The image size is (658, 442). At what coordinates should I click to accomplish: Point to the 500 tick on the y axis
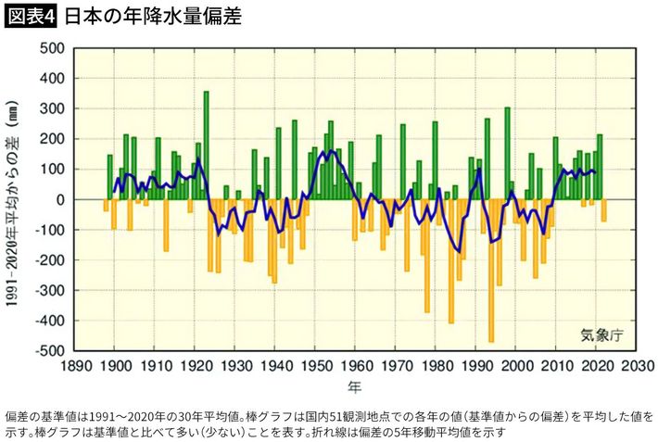pos(52,48)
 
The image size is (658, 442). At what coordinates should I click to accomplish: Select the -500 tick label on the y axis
pos(49,351)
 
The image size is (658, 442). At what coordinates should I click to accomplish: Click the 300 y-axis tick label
pos(52,109)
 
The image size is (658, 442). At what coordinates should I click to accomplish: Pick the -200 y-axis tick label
pos(49,260)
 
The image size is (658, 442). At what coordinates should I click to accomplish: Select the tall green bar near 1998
pos(507,154)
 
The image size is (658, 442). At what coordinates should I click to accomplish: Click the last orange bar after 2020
pos(604,210)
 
